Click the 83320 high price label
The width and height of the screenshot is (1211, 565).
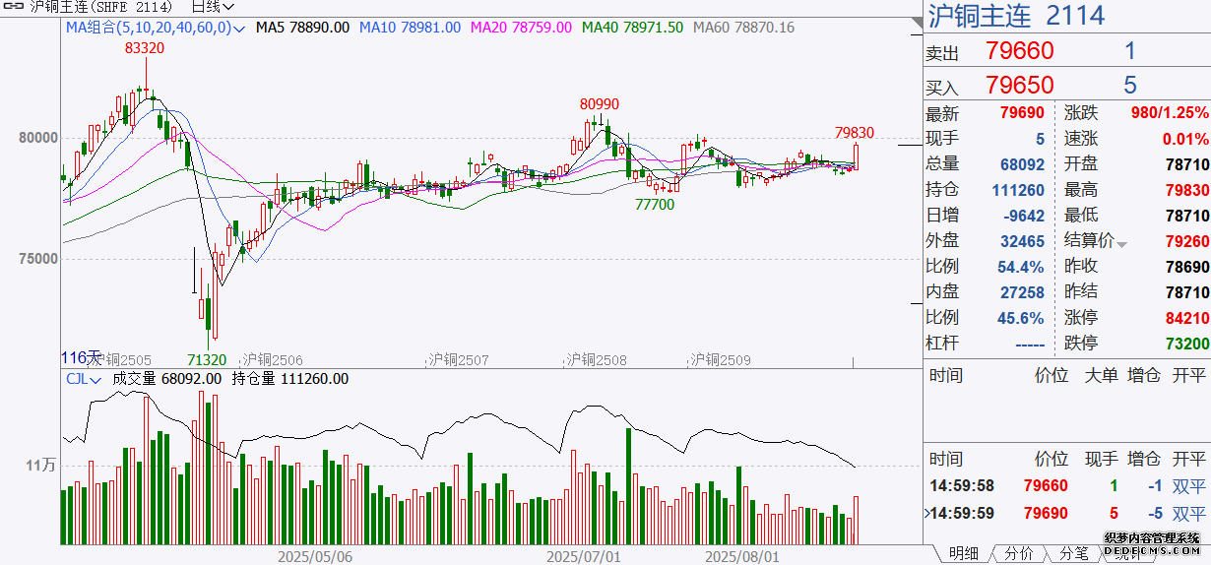[x=145, y=47]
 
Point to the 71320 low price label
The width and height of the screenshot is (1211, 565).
[x=207, y=360]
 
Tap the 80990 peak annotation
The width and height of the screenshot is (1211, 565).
[x=600, y=104]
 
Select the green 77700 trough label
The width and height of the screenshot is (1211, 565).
[x=655, y=205]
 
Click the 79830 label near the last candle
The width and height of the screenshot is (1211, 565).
[x=855, y=133]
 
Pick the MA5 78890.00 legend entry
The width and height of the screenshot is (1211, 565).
[x=302, y=28]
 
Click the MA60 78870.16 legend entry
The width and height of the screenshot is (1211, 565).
[x=743, y=28]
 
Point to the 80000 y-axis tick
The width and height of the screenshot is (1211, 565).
[x=39, y=138]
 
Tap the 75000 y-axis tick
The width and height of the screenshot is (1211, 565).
[x=39, y=259]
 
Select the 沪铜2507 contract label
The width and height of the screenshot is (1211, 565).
[x=459, y=360]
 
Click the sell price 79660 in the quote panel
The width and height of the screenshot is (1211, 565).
[x=1019, y=51]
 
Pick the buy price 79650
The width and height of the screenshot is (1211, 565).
[x=1019, y=86]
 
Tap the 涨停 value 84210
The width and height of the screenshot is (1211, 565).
[x=1185, y=318]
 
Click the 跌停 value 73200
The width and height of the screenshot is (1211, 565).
[x=1185, y=344]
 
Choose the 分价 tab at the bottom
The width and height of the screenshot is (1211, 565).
[x=1019, y=553]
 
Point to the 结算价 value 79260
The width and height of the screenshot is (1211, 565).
[x=1185, y=241]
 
